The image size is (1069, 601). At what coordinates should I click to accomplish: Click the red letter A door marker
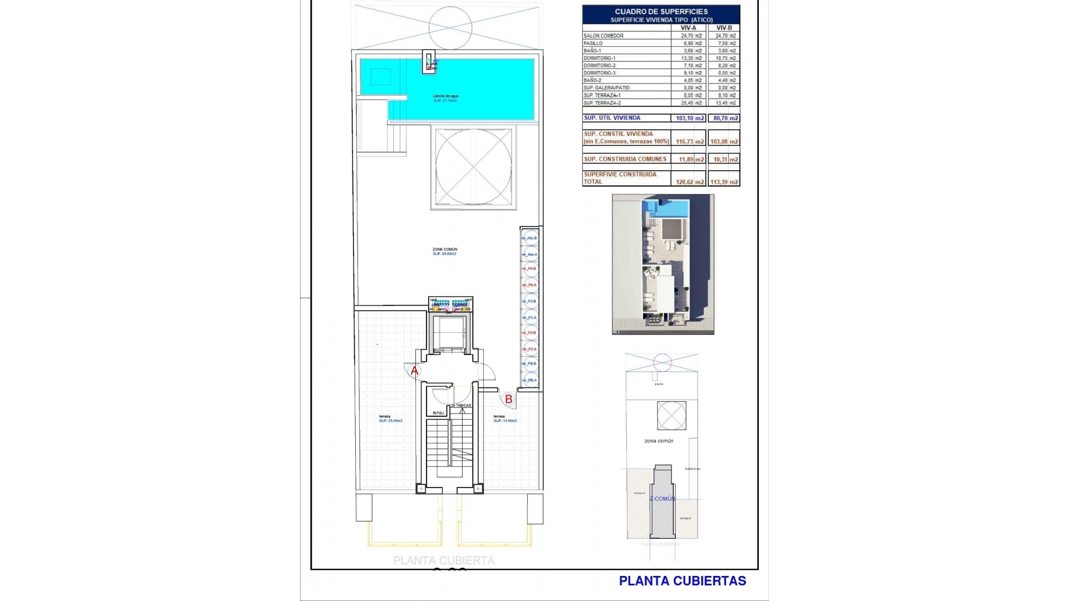(x=414, y=371)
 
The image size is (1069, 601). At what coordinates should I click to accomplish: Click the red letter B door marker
(x=508, y=399)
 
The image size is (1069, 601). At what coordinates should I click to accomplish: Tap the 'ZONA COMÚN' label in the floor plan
(x=444, y=249)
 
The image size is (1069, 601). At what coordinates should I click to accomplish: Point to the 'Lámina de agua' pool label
(x=445, y=96)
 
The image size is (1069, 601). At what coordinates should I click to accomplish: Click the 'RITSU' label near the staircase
(x=439, y=413)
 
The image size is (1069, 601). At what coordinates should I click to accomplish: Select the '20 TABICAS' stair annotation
(x=461, y=406)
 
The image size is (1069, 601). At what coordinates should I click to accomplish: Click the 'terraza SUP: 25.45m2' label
(x=390, y=418)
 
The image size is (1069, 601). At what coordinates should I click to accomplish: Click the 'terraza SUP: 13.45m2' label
(x=504, y=418)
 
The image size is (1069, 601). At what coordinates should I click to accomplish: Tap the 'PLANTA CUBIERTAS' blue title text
(x=682, y=581)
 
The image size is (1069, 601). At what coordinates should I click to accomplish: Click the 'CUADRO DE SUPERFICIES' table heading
(x=661, y=12)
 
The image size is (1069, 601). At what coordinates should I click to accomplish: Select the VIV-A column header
(x=688, y=28)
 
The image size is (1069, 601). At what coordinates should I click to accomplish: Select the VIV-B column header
(x=724, y=28)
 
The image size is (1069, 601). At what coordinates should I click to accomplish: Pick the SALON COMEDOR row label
(x=604, y=36)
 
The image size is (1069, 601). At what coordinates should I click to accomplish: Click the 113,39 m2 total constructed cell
(x=724, y=182)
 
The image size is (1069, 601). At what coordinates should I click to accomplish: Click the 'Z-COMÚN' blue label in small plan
(x=663, y=499)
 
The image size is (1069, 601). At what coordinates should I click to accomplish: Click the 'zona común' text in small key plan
(x=659, y=441)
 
